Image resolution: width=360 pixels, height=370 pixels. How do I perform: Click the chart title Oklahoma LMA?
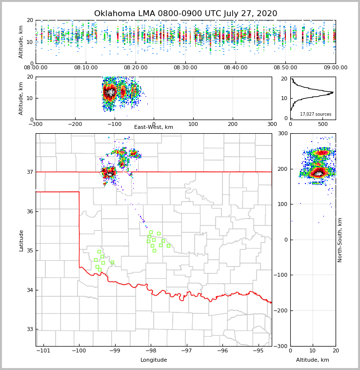tap(185, 14)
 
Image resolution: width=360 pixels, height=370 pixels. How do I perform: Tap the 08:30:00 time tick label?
tap(185, 68)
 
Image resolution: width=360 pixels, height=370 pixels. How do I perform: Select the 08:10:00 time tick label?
tap(85, 68)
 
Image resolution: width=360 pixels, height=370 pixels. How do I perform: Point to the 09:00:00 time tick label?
tap(335, 68)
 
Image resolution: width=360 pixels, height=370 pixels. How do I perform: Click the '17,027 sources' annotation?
tap(315, 114)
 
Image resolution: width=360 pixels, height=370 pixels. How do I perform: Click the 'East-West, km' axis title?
tap(154, 127)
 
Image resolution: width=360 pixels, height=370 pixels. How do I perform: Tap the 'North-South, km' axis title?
tap(340, 240)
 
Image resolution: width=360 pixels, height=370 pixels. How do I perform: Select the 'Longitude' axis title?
tap(154, 360)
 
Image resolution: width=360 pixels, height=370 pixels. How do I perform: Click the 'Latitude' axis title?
tap(21, 240)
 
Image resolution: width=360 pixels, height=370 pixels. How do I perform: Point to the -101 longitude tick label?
tap(43, 350)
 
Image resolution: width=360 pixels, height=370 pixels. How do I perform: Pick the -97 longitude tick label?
tap(186, 350)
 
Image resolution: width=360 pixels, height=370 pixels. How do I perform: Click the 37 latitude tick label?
tap(30, 172)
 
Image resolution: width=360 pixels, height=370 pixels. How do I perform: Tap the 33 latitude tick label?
tap(30, 329)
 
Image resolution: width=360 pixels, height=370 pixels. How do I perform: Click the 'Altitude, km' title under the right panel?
tap(313, 360)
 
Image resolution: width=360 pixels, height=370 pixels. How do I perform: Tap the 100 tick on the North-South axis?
tap(282, 204)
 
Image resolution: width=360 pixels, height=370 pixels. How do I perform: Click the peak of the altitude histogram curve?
tap(333, 92)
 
